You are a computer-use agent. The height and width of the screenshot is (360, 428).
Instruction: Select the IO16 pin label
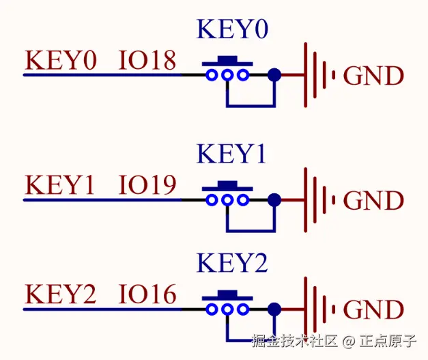pos(147,295)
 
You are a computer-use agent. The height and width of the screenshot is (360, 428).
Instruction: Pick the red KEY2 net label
pos(60,295)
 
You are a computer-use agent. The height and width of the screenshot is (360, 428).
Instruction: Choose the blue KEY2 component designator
pos(232,263)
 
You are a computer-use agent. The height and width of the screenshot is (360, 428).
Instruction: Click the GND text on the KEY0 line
pos(373,76)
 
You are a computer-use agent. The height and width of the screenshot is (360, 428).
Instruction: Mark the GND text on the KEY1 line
pos(373,201)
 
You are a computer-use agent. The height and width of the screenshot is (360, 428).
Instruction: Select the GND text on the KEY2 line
pos(373,310)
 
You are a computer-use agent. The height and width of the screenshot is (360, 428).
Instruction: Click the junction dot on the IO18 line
pos(274,75)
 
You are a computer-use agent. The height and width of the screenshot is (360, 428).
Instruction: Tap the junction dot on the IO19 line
pos(274,199)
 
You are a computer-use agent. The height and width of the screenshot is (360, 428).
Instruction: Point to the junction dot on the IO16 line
pos(274,309)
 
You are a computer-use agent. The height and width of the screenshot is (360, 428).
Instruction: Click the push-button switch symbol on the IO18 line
pos(228,72)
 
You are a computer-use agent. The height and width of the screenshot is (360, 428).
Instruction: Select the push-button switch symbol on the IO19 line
pos(228,197)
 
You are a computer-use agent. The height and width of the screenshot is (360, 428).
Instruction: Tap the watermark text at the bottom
pos(334,340)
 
